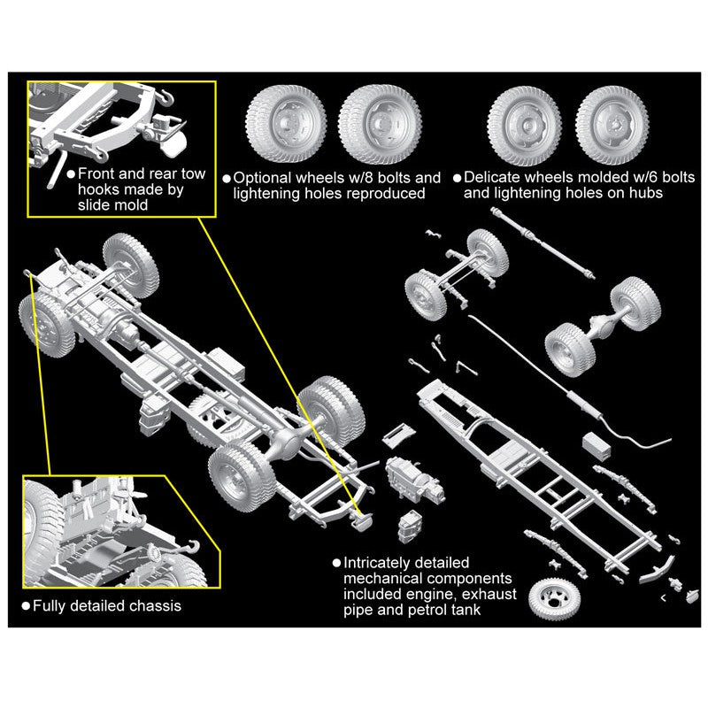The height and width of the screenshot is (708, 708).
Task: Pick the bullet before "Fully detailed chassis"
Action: pos(26,606)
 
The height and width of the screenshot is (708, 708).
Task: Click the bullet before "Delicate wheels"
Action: pos(456,178)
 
